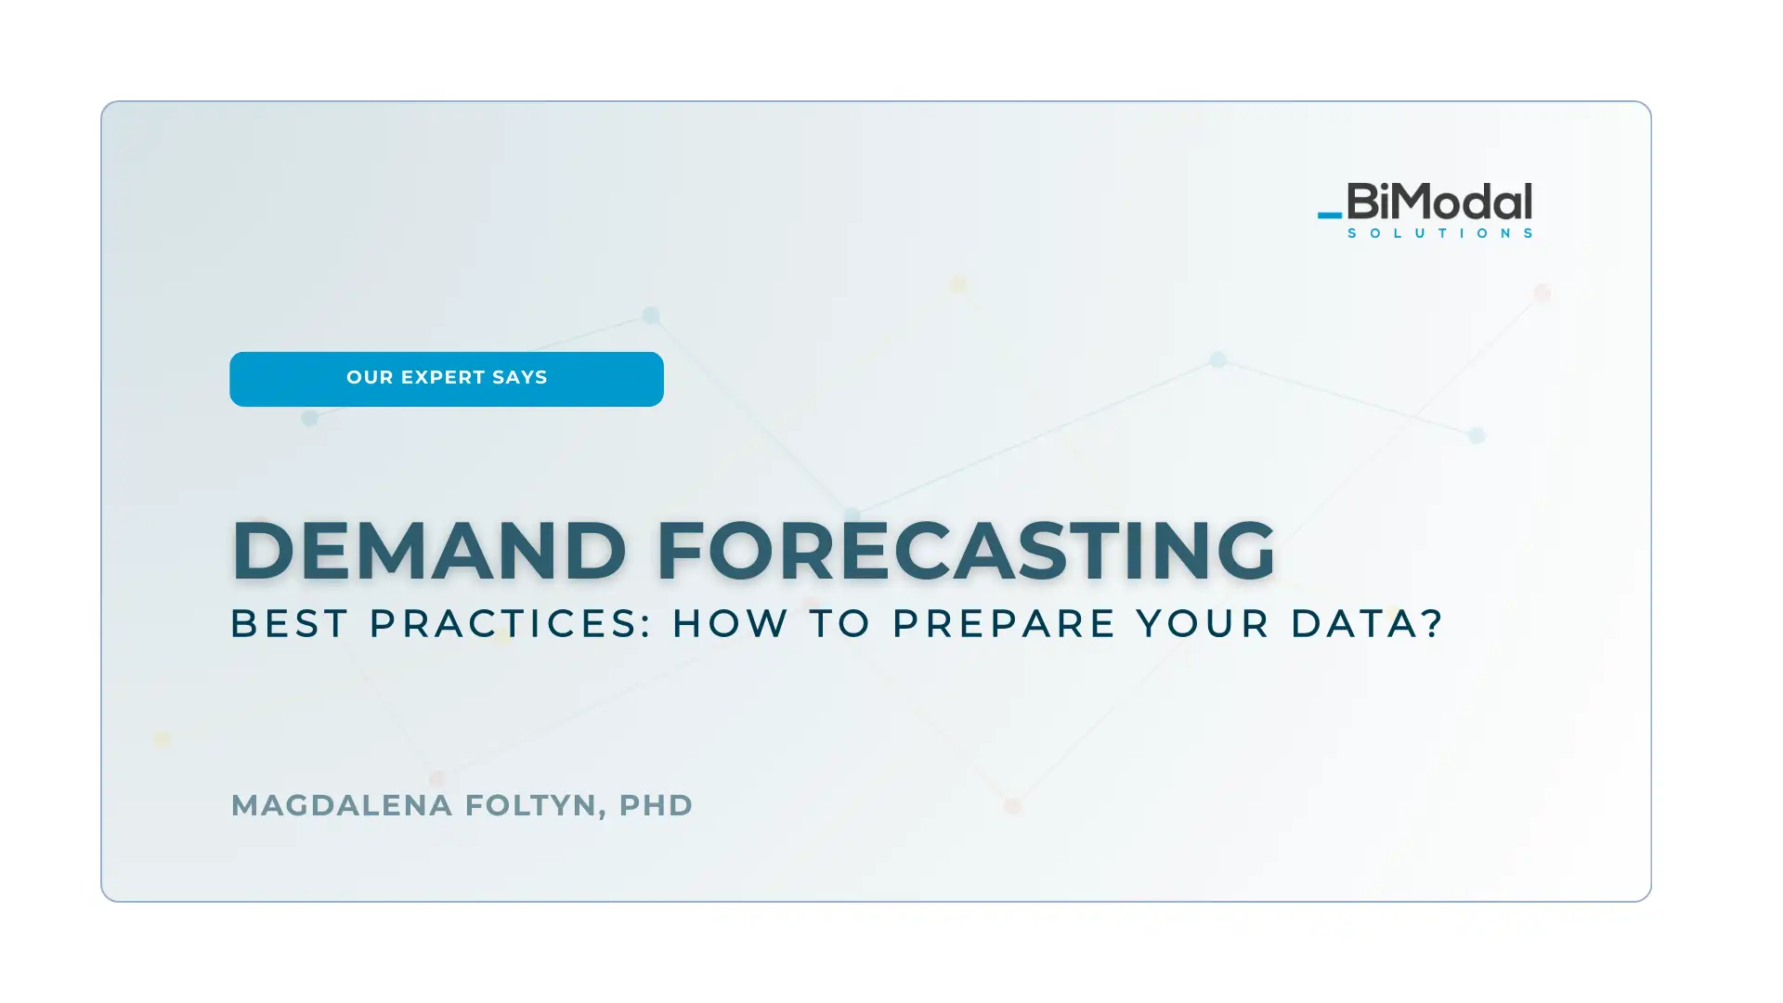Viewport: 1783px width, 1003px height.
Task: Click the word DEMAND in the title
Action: (x=429, y=551)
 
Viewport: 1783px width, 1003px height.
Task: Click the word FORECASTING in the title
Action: (x=966, y=551)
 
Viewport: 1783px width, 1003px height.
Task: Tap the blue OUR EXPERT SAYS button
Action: (x=447, y=379)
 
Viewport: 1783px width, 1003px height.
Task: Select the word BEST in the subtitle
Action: (x=290, y=623)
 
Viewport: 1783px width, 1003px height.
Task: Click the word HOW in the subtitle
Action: (x=731, y=623)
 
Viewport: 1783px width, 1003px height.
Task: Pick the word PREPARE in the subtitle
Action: (x=1004, y=623)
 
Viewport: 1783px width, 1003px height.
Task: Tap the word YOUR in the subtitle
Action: (x=1204, y=623)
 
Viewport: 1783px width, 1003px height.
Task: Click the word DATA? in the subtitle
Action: (x=1367, y=623)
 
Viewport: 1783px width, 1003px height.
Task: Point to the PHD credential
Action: (x=656, y=805)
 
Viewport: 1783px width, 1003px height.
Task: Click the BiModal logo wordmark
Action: (x=1439, y=202)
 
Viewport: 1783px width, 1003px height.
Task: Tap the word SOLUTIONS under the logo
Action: (x=1440, y=233)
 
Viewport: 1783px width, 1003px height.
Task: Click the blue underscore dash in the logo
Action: (x=1330, y=215)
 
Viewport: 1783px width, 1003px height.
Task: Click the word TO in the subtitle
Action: (x=840, y=623)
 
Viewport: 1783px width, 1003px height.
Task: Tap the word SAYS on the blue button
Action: (x=520, y=378)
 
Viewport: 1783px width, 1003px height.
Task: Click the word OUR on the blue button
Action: (x=370, y=378)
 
